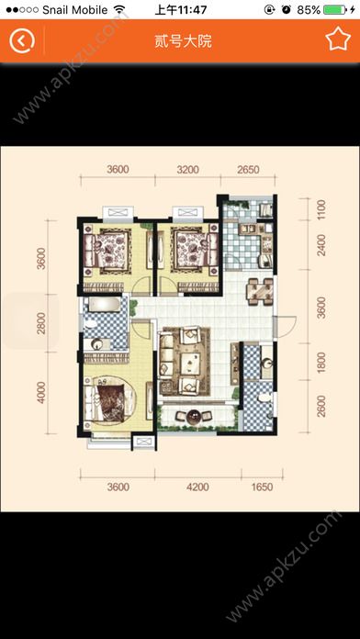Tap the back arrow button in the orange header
point(22,40)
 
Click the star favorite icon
point(338,39)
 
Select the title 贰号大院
point(183,41)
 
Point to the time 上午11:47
point(181,9)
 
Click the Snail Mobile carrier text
point(75,10)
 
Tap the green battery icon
point(334,10)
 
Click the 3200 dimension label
point(188,169)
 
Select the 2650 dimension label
point(248,169)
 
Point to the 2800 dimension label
point(41,323)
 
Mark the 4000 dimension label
point(41,392)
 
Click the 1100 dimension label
point(321,209)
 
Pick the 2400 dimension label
point(321,245)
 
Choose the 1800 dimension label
point(321,363)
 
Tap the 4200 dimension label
point(197,487)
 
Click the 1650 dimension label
point(262,487)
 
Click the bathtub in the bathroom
point(105,305)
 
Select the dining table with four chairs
point(261,291)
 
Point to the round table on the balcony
point(194,416)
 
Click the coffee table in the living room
point(189,361)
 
